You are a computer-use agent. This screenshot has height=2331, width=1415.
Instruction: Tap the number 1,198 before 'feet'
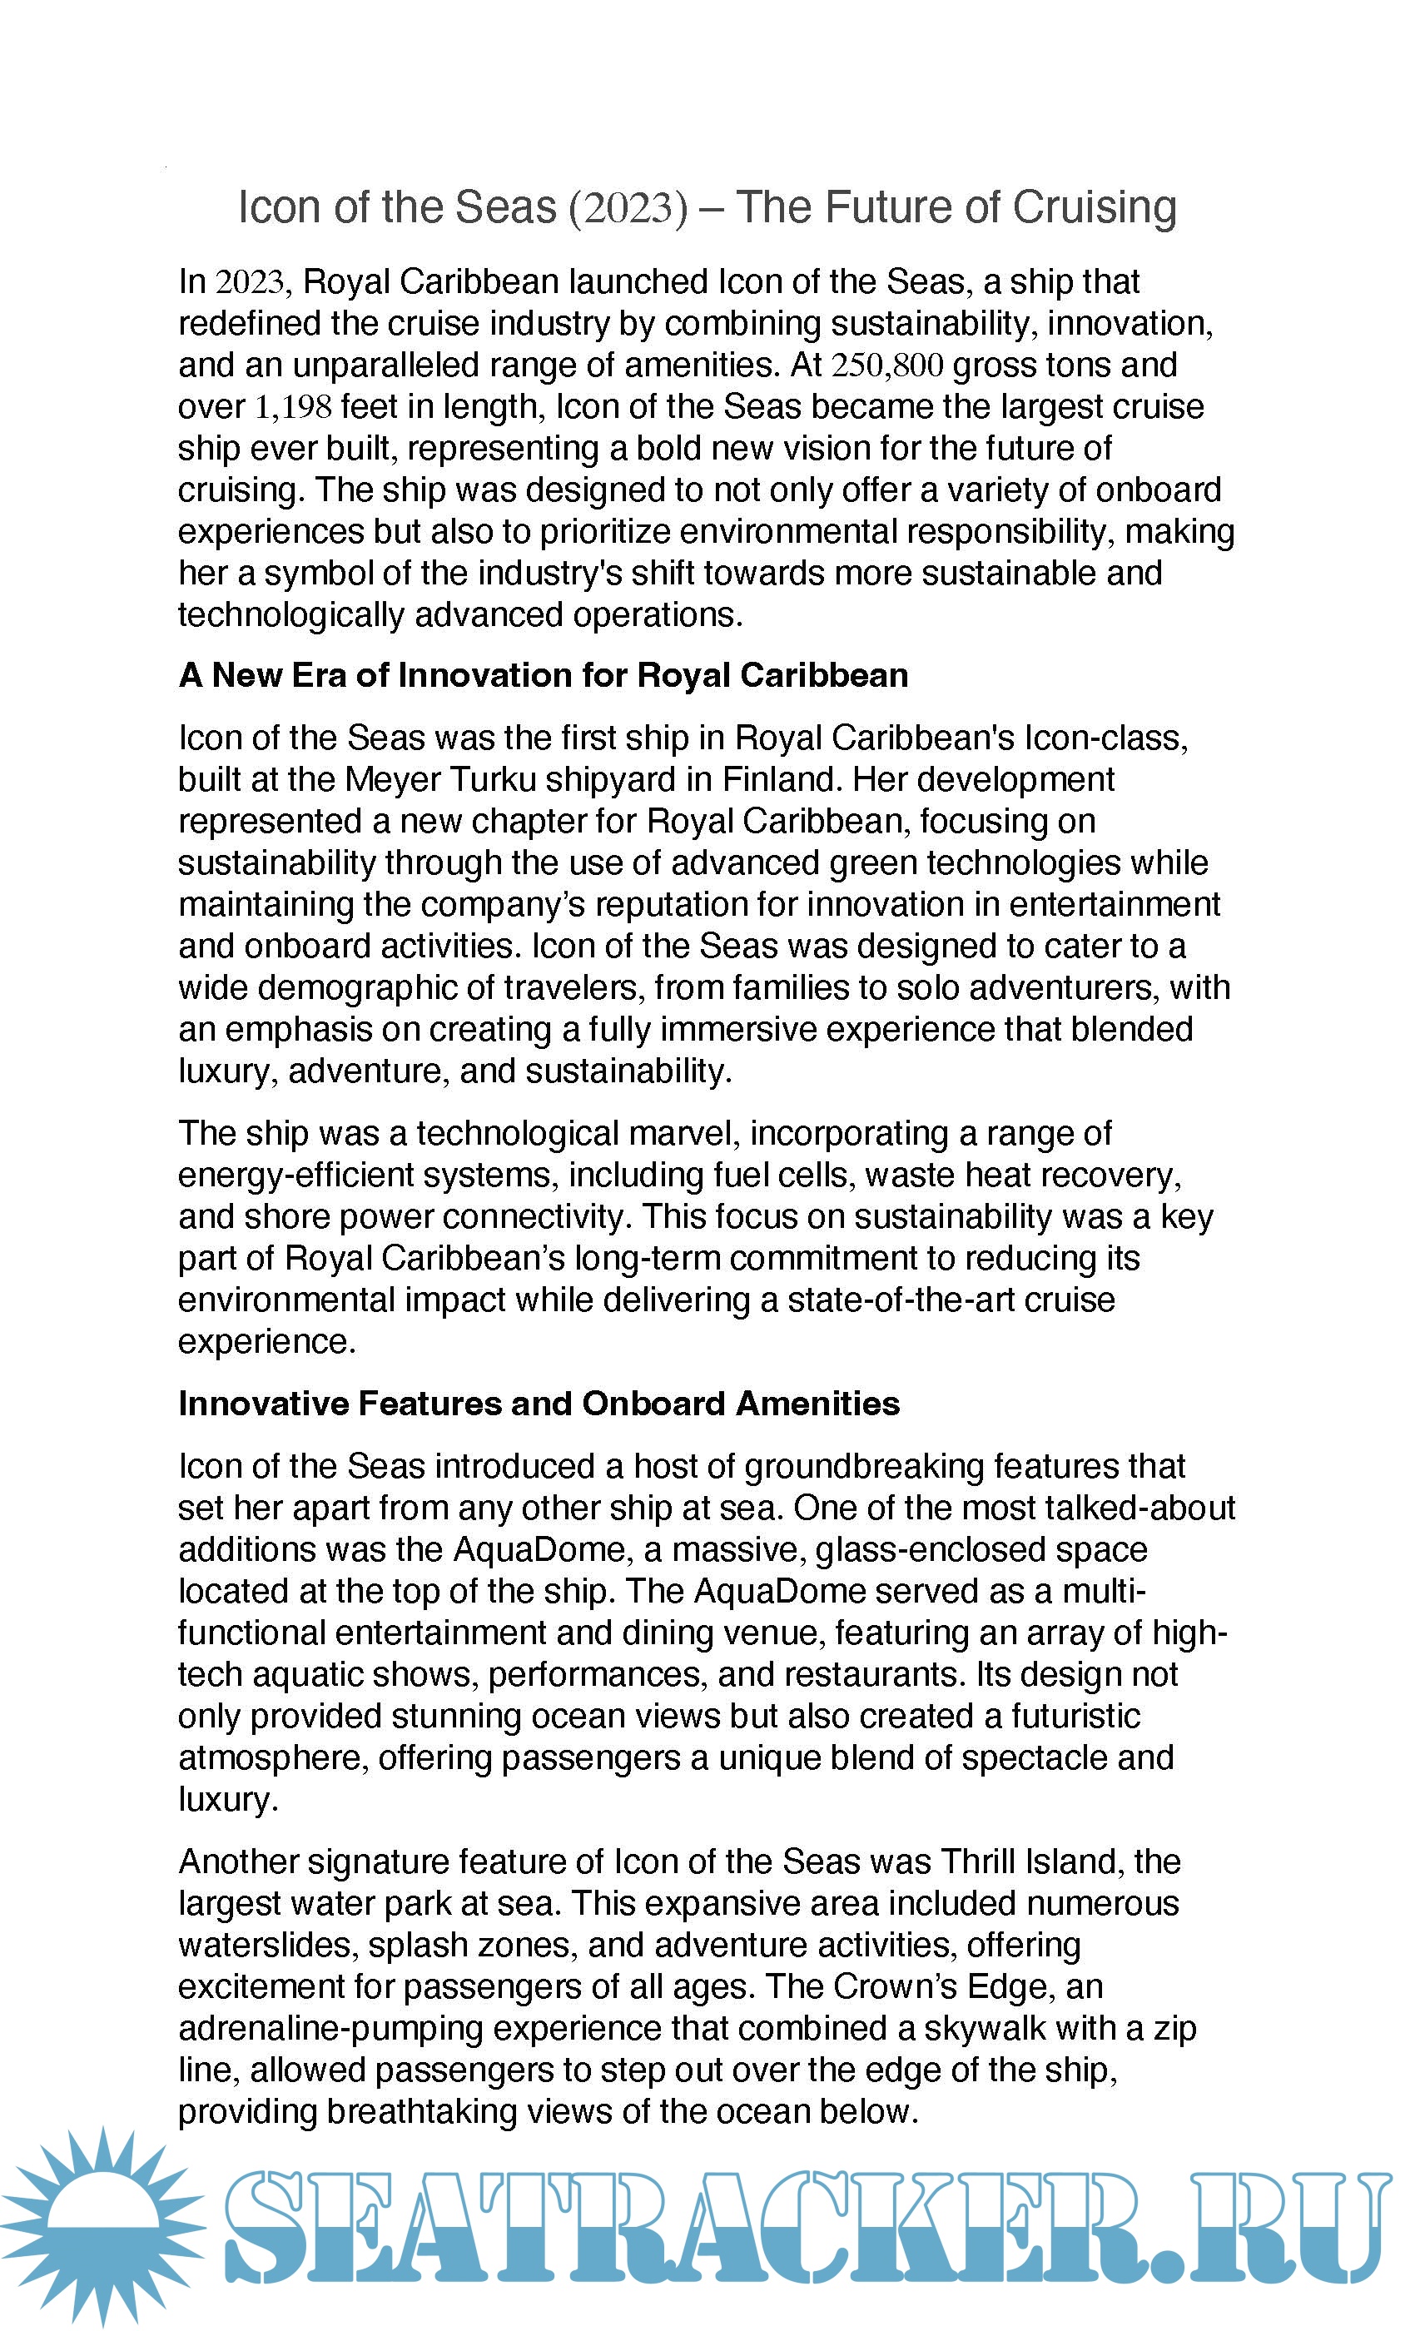tap(293, 407)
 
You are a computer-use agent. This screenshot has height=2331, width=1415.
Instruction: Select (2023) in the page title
tap(628, 207)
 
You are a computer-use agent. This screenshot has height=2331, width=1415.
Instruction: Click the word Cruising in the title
tap(1095, 207)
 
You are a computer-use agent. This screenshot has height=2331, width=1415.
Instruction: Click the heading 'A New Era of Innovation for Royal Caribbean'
tap(543, 675)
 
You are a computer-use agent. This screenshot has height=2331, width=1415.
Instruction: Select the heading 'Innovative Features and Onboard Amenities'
tap(539, 1404)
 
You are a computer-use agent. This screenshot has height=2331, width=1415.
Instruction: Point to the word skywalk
tap(985, 2028)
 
